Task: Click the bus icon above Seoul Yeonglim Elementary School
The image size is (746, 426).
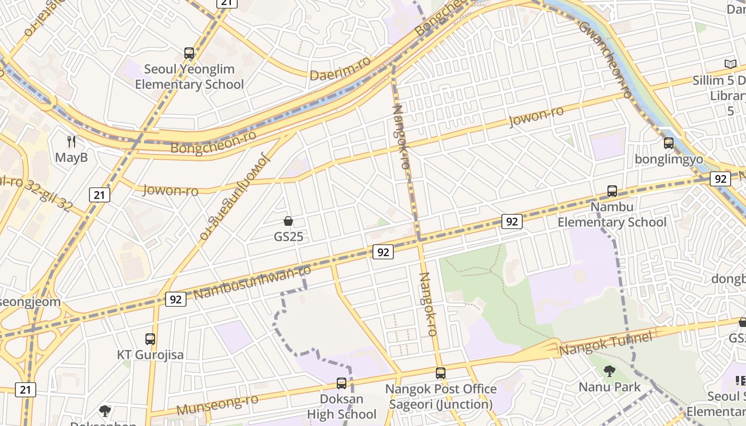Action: (x=189, y=53)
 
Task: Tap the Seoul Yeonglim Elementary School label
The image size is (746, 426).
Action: (x=189, y=77)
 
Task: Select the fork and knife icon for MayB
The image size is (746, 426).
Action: (x=71, y=141)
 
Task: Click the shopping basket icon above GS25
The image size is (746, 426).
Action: (x=288, y=221)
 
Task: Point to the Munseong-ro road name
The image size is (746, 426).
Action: (x=217, y=405)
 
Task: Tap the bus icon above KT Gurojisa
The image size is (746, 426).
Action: (x=150, y=339)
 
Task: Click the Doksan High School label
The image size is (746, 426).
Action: (x=342, y=406)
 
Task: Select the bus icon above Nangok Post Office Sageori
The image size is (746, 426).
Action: (x=440, y=373)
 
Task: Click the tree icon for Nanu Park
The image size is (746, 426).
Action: (x=610, y=371)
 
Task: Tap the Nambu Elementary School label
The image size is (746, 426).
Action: (x=612, y=214)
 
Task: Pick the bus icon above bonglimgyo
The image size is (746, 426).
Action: (x=668, y=143)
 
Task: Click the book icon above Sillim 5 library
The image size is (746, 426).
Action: (x=730, y=64)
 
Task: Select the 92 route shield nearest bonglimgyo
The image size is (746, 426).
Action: (x=720, y=179)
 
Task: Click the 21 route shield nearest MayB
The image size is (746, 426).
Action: (x=99, y=195)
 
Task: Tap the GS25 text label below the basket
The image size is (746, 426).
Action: (x=288, y=236)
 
